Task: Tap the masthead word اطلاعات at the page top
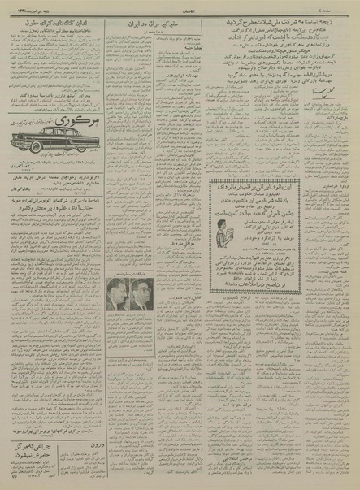tap(180, 6)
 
